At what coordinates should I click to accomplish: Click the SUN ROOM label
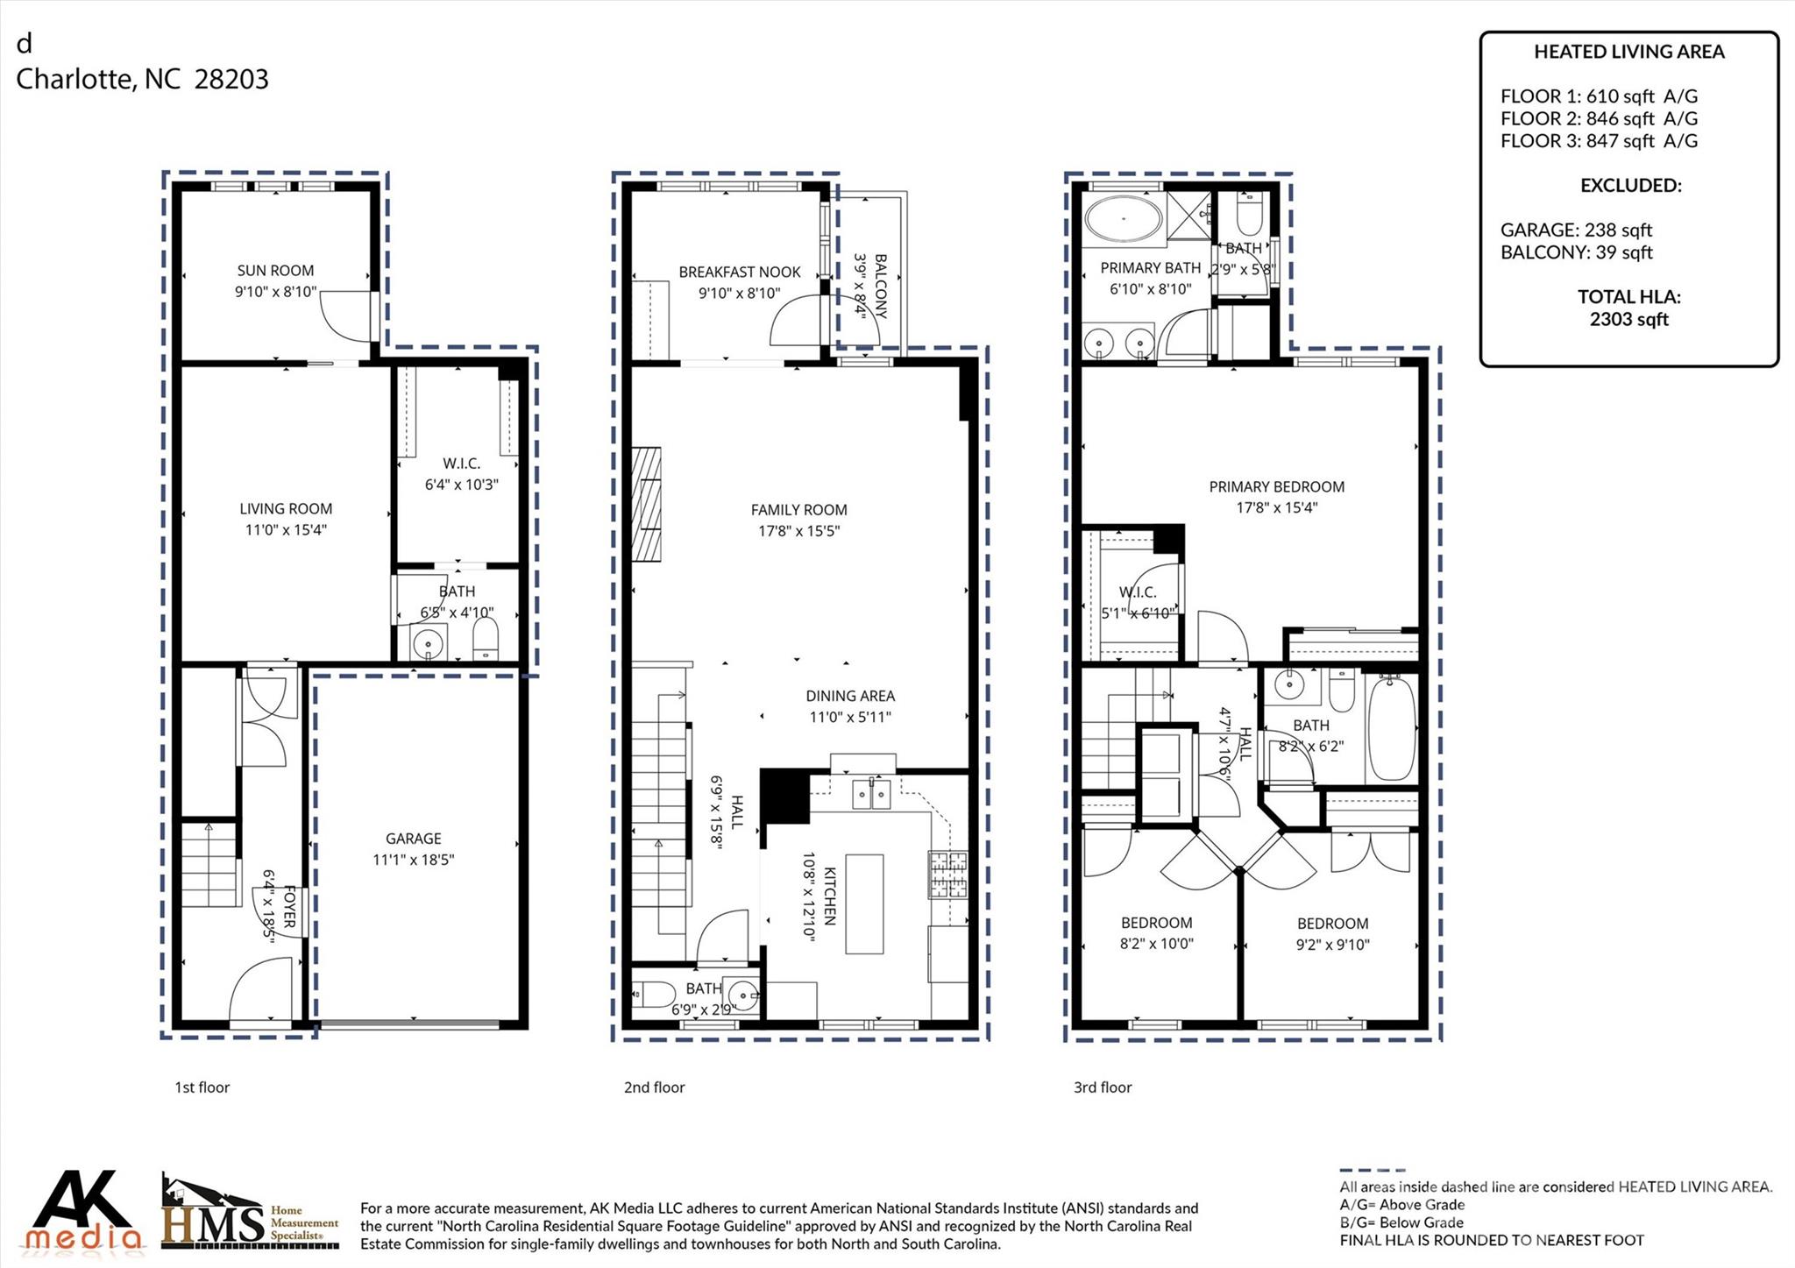[275, 271]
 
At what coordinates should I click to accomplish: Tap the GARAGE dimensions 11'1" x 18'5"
[414, 860]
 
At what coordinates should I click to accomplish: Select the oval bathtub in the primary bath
[1124, 217]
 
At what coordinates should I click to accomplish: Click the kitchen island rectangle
[864, 903]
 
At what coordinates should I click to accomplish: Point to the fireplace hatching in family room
[646, 504]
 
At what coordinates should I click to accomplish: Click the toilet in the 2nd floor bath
[652, 995]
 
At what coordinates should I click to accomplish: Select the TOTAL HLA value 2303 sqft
[1628, 320]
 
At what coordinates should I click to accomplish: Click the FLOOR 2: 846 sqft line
[1598, 118]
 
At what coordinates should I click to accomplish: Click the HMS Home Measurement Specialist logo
[249, 1215]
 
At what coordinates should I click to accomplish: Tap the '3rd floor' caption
[1102, 1087]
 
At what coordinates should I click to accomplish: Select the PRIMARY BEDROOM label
[1276, 487]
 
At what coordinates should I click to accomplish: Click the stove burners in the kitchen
[948, 874]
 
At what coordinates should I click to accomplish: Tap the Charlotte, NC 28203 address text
[142, 80]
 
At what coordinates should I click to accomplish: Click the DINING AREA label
[850, 696]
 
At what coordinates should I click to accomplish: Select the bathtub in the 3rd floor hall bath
[1391, 726]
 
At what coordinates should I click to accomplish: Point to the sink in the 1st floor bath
[429, 642]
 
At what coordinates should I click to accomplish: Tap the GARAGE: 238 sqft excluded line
[1575, 230]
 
